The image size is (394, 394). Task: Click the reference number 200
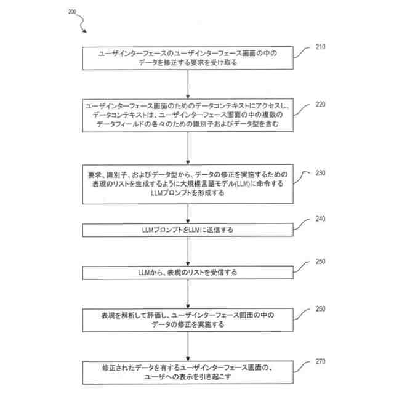point(72,11)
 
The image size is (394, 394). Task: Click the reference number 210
point(320,47)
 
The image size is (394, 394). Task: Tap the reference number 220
point(320,104)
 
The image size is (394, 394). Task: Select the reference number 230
point(320,173)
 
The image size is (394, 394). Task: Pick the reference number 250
point(320,261)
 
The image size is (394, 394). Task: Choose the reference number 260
point(320,309)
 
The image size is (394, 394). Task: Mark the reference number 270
point(320,362)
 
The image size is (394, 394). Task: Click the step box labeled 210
point(188,58)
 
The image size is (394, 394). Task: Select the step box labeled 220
point(188,115)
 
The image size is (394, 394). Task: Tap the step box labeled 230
point(188,183)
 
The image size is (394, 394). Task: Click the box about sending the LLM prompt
point(188,230)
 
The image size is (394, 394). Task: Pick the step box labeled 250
point(188,271)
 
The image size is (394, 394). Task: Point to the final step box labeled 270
point(188,371)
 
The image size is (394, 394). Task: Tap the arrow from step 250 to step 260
point(188,293)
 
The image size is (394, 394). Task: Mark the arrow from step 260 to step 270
point(188,345)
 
